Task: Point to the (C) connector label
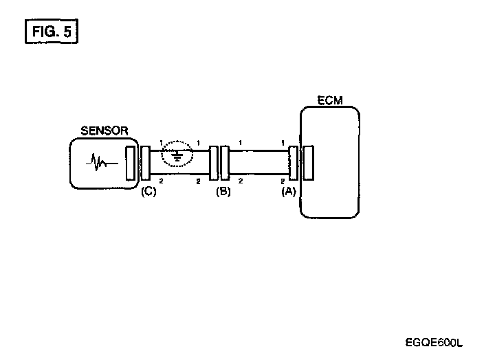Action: tap(148, 192)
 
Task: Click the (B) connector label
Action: tap(223, 192)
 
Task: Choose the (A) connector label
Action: tap(288, 192)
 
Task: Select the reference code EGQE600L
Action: tap(435, 341)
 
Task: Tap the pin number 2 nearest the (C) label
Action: tap(161, 181)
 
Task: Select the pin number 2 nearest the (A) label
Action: tap(283, 181)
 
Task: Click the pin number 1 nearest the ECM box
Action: tap(283, 142)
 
